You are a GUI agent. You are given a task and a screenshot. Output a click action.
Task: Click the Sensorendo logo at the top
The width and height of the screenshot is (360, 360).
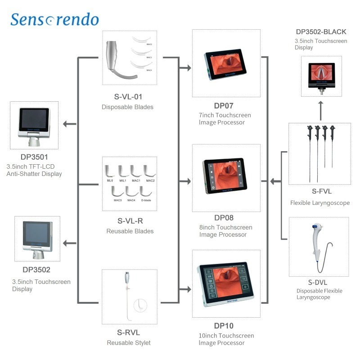[54, 19]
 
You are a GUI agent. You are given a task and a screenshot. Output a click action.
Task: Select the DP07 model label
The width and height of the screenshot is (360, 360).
[223, 106]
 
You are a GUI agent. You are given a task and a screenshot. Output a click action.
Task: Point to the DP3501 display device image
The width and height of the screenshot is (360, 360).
[34, 124]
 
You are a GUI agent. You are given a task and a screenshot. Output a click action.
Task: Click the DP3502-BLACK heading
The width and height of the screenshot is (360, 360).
[321, 31]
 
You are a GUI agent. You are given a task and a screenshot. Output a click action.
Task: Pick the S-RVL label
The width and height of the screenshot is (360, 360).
[129, 333]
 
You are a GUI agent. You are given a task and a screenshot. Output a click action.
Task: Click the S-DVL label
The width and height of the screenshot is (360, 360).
[319, 282]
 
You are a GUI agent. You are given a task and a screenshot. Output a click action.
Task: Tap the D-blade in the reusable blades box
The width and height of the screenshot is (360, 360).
[145, 193]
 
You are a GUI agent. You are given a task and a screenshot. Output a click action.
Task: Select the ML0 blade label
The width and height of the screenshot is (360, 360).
[110, 180]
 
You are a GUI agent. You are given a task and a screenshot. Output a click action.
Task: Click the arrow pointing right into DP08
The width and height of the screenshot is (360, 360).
[184, 182]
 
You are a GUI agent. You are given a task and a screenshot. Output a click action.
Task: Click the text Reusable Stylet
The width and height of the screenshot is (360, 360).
[129, 343]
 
